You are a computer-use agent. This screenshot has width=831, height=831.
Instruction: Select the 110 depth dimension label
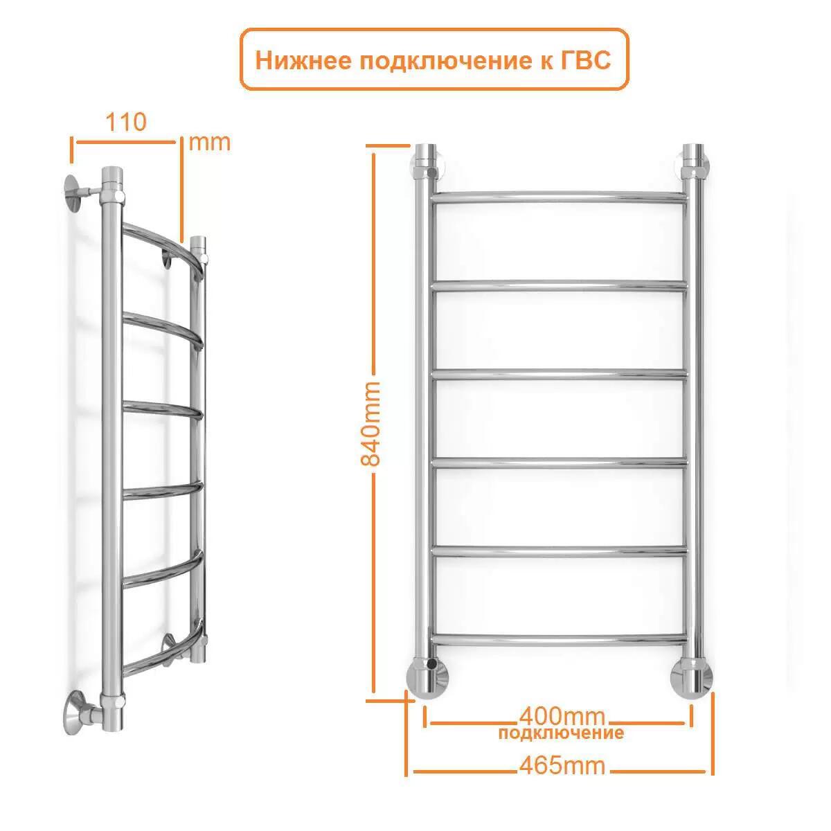[x=125, y=122]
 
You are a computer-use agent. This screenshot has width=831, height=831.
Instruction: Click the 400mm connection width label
[x=561, y=716]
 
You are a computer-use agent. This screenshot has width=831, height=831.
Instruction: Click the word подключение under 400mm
[x=561, y=733]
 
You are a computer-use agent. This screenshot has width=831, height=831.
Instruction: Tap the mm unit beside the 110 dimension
[x=209, y=143]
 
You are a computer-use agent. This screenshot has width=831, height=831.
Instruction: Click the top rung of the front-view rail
[x=560, y=196]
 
